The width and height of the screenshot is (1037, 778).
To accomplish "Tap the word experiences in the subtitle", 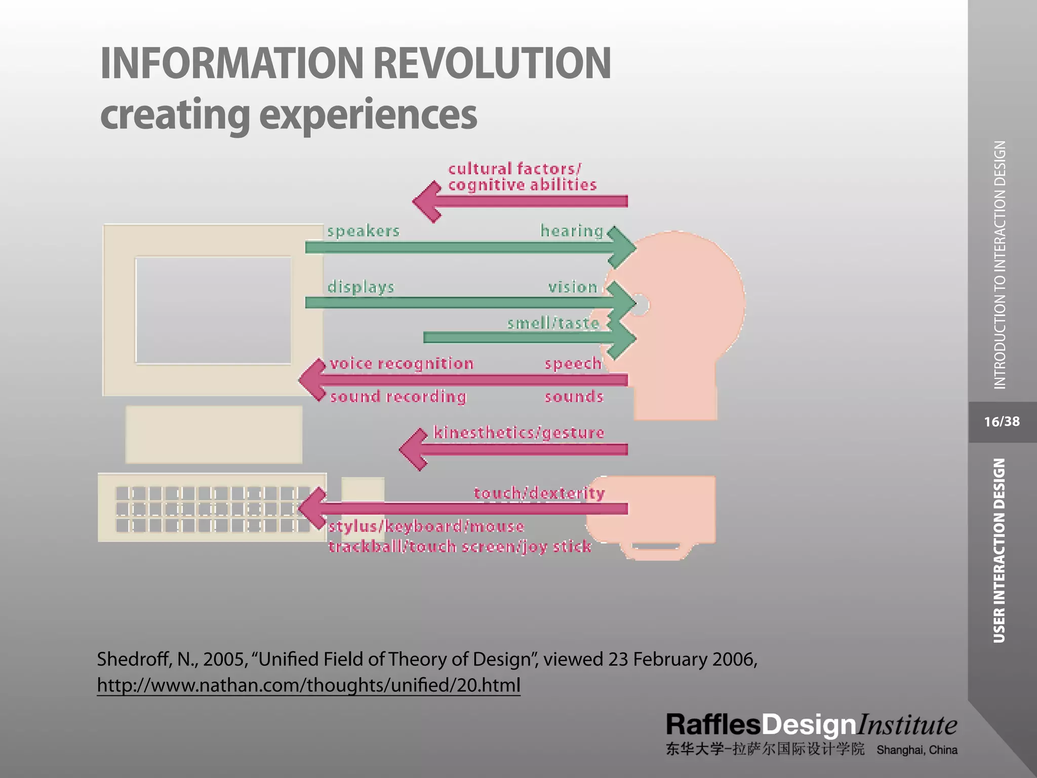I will [x=368, y=115].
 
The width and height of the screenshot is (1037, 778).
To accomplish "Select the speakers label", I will [x=363, y=231].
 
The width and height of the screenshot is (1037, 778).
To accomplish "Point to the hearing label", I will [x=572, y=231].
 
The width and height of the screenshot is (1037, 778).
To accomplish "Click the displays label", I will [x=361, y=287].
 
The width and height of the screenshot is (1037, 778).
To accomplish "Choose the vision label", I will [x=573, y=287].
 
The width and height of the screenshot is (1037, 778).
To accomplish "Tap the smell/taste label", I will [x=553, y=323].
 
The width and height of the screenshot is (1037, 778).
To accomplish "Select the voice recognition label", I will [x=402, y=363].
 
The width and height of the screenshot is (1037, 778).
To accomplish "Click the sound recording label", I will [x=398, y=396].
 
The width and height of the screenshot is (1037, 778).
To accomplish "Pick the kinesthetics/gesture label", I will [x=519, y=433].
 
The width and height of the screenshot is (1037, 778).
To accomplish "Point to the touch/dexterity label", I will [x=539, y=493].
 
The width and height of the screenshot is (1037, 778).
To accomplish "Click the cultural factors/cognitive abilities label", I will [x=522, y=176].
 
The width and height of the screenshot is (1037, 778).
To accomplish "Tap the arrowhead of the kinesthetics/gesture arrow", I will [x=413, y=449].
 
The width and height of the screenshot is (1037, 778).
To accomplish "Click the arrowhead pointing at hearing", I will [x=623, y=248].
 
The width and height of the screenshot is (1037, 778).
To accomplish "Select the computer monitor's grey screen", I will [x=213, y=310].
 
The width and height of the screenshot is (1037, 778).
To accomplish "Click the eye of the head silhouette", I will [x=640, y=305].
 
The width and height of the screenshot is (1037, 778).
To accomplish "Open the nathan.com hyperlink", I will [x=308, y=685].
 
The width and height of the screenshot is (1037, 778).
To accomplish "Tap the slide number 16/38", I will [x=1002, y=421].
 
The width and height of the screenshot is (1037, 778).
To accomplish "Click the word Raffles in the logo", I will [x=713, y=725].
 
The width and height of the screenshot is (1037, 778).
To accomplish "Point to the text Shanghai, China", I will [x=916, y=750].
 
